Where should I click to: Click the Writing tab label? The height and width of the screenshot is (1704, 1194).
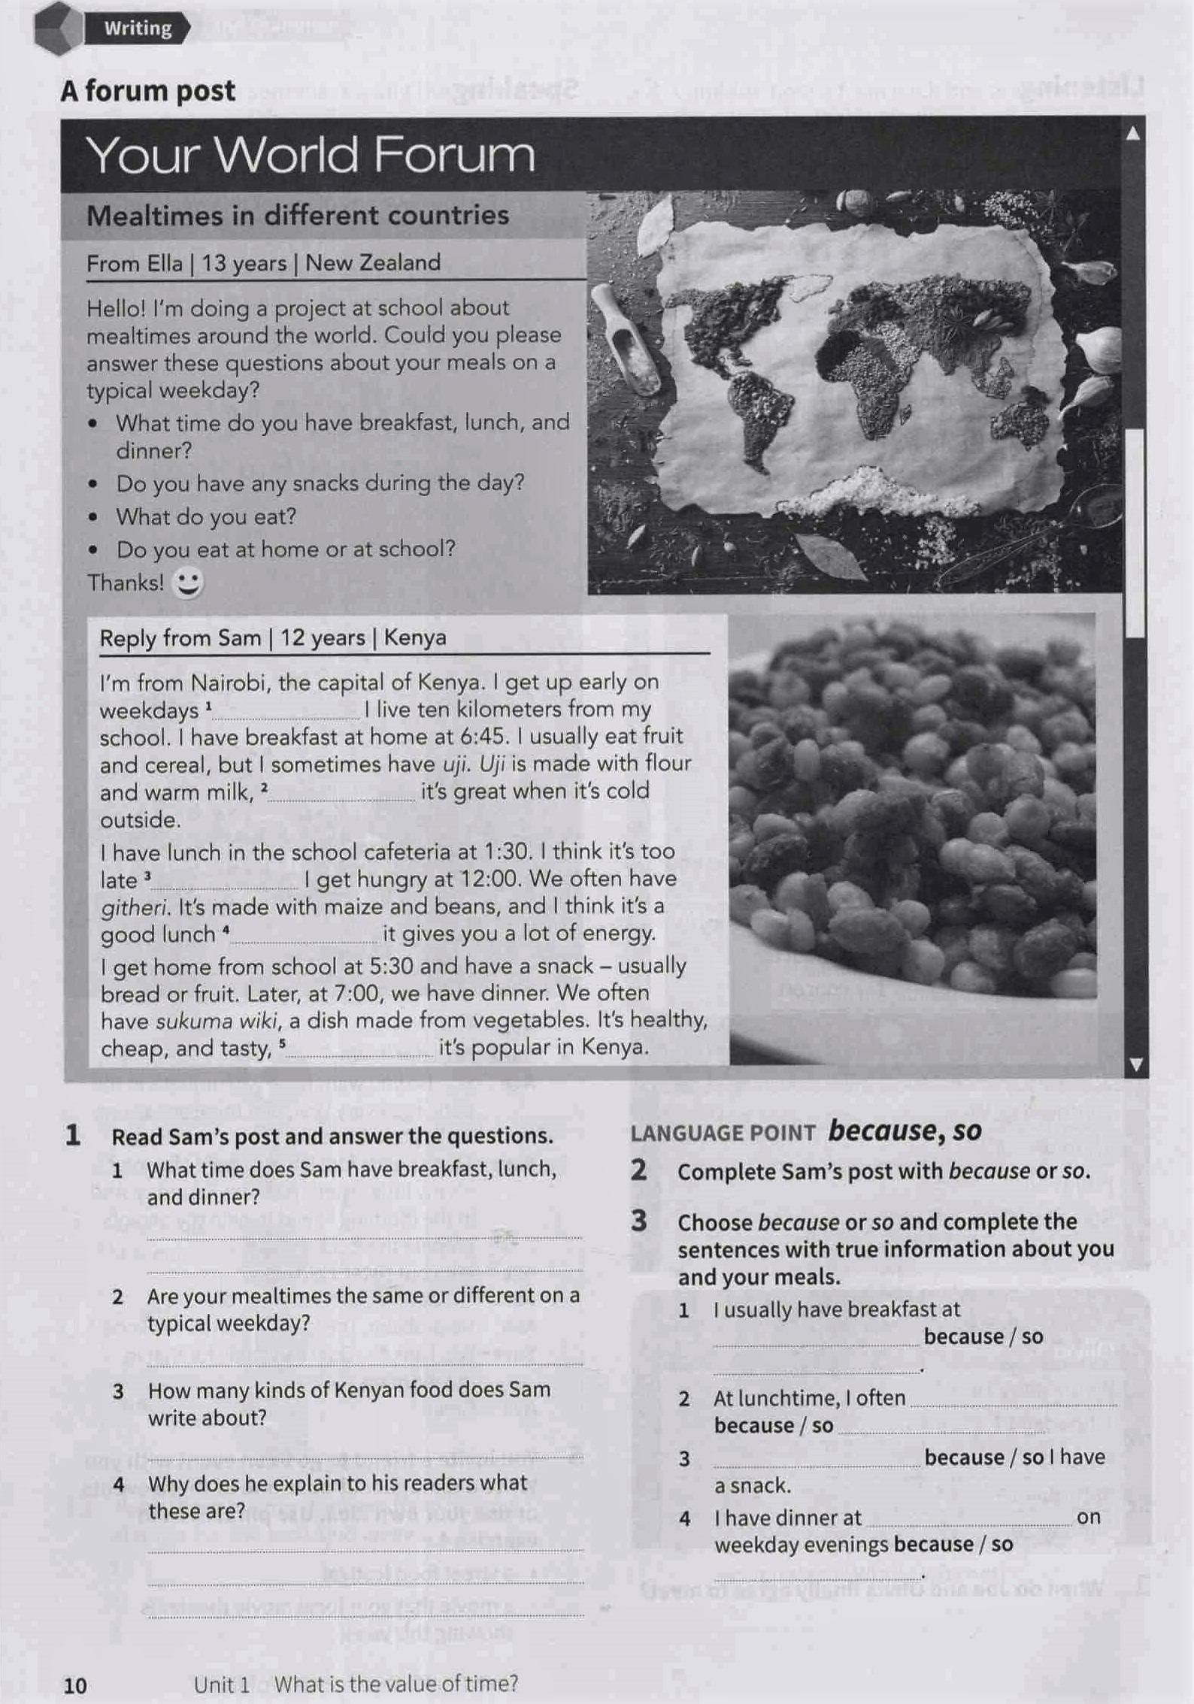[x=138, y=29]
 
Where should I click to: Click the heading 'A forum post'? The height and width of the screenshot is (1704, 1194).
[x=147, y=91]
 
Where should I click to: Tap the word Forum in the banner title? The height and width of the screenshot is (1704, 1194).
[x=453, y=155]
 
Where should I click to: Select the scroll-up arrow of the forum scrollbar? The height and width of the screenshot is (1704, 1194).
[x=1133, y=134]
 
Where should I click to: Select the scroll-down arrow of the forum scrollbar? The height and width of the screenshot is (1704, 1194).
[x=1135, y=1064]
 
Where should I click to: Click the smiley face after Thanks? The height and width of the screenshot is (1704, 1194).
[x=187, y=583]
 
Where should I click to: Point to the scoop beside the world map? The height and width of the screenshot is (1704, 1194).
[x=626, y=337]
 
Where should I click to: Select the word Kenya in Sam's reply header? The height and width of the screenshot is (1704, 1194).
[x=415, y=637]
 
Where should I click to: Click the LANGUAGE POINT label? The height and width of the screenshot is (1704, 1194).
[x=723, y=1133]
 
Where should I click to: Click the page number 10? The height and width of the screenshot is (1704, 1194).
[x=75, y=1685]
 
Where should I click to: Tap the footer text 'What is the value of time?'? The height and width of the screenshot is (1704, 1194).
[x=395, y=1684]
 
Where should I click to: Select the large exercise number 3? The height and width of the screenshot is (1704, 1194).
[x=639, y=1221]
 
